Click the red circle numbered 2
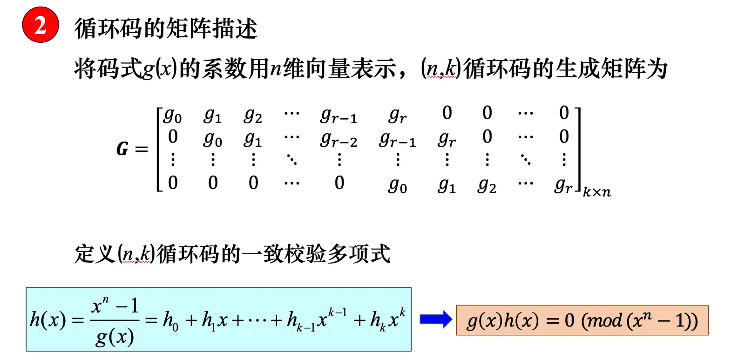tap(41, 25)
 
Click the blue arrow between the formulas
tap(435, 319)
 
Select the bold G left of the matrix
tap(122, 149)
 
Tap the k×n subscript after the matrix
tap(596, 191)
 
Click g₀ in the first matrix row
tap(172, 115)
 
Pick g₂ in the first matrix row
tap(253, 115)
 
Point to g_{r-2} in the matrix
tap(339, 139)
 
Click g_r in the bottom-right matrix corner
tap(563, 185)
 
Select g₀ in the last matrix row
tap(398, 185)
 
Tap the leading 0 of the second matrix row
tap(173, 136)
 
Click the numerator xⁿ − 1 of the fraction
tap(115, 306)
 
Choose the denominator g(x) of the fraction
tap(115, 336)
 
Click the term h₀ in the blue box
tap(170, 320)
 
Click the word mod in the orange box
tap(604, 320)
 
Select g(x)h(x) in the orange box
tap(503, 321)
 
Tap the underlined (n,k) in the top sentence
tap(440, 68)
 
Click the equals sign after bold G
tap(141, 149)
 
